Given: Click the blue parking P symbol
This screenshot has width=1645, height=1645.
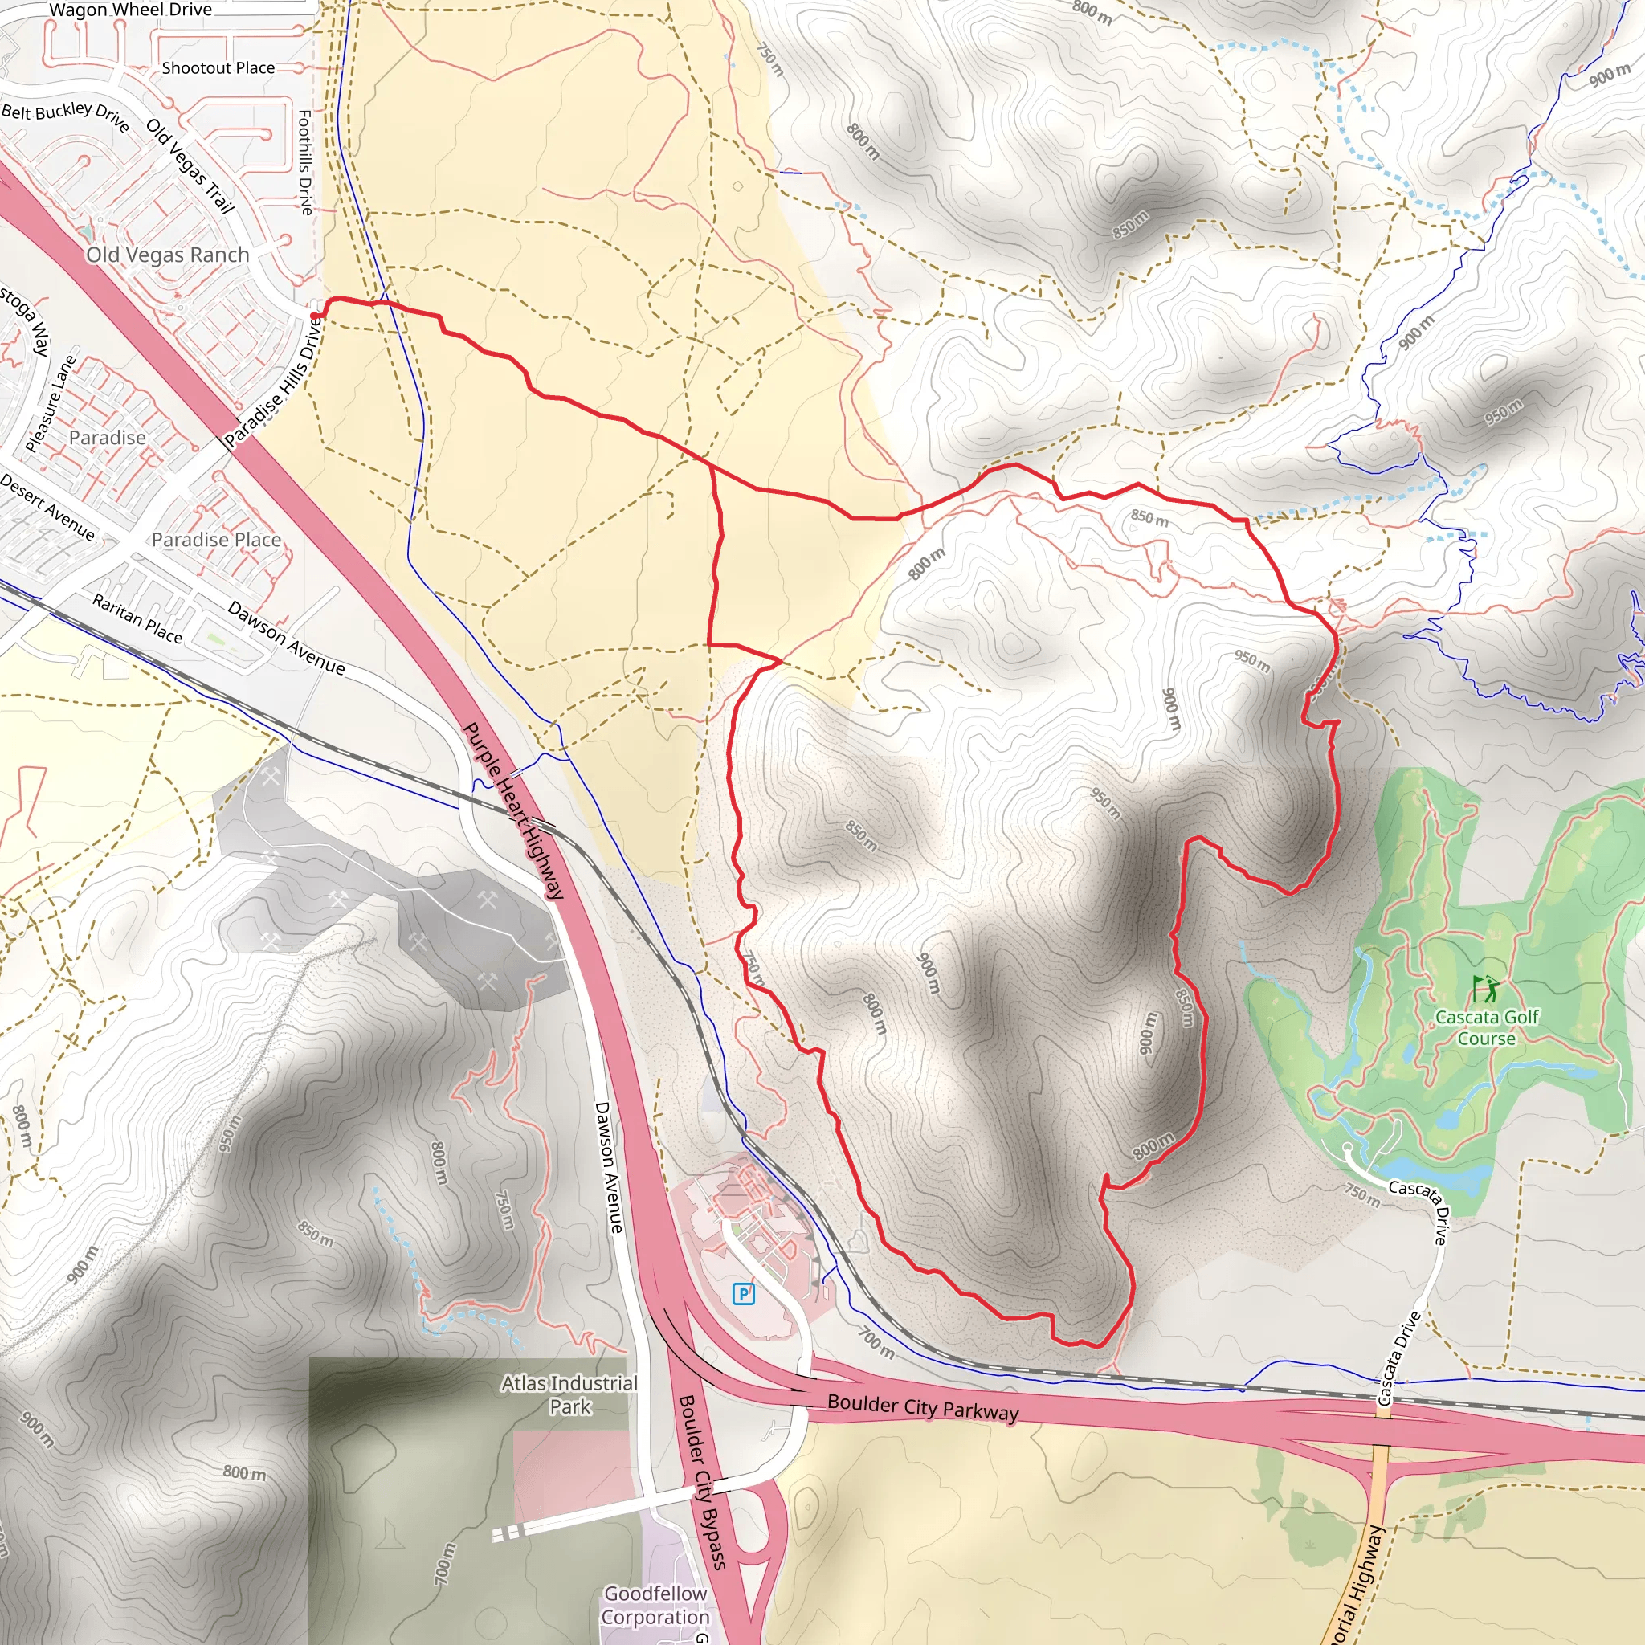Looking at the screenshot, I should pos(743,1294).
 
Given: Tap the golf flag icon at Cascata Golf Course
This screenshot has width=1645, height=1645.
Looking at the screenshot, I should pos(1486,989).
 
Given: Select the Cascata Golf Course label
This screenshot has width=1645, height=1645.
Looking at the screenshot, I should pos(1487,1027).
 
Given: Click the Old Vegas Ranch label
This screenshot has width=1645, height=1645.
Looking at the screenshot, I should pos(168,255).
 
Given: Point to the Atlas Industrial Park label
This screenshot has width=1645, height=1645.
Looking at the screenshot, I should pos(569,1394).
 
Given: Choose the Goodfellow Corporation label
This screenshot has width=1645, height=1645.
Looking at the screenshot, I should pos(655,1605).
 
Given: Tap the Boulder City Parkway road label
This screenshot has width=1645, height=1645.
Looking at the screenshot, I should pos(923,1407).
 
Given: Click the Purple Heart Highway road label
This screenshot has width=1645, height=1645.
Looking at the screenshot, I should pos(513,810).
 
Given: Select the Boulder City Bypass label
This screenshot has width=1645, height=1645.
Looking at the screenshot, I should pos(703,1481).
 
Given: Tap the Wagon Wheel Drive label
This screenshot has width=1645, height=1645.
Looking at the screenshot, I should pos(130,10).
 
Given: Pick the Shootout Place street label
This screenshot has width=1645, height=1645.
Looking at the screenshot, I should pos(218,68).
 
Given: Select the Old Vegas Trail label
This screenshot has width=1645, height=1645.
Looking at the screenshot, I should pos(190,166).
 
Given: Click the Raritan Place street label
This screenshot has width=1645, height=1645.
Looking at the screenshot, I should pos(137,619).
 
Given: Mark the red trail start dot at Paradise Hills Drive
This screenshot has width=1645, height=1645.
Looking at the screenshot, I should pos(315,316).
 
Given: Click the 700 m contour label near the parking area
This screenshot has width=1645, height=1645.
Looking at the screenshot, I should pos(876,1343).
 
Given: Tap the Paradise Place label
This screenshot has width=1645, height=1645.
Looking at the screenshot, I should pos(216,540).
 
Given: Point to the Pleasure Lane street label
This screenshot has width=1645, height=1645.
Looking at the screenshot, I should pos(51,403).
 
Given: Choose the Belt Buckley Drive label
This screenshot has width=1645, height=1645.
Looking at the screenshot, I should pos(66,116).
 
